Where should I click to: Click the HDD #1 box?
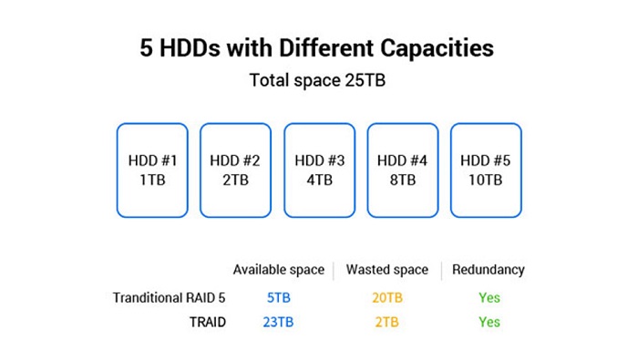pos(152,170)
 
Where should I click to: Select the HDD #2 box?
pos(235,170)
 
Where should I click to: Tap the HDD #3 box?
pos(319,170)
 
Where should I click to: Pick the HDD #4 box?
pos(403,170)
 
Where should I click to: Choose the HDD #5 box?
pos(486,170)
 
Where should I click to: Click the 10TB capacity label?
pos(486,180)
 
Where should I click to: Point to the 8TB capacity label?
pos(403,180)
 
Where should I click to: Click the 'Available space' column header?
pos(279,270)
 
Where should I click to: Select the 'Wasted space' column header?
pos(387,270)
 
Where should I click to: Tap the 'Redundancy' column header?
pos(489,270)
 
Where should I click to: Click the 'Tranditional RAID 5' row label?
pos(169,298)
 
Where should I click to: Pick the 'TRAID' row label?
pos(208,322)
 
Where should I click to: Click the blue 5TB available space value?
pos(279,298)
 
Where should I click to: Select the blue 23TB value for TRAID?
pos(278,322)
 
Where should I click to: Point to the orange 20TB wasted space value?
pos(387,298)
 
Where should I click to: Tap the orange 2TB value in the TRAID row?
pos(387,322)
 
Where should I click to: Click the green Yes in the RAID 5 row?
pos(489,298)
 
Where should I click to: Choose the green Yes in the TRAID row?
pos(489,322)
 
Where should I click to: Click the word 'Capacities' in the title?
pos(437,49)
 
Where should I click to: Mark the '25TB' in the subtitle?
pos(365,80)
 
